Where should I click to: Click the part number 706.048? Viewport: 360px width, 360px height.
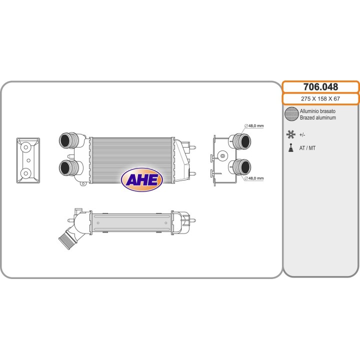click(320, 87)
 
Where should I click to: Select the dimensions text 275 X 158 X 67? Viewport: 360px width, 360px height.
click(320, 98)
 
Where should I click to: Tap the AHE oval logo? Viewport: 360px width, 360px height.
click(142, 179)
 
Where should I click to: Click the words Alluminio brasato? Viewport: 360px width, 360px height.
click(317, 111)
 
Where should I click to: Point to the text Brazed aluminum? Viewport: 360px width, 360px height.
click(318, 117)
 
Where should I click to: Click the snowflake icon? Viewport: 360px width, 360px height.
click(290, 134)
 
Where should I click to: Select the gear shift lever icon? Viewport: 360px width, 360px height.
click(291, 148)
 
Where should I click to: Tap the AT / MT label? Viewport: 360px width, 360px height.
click(307, 148)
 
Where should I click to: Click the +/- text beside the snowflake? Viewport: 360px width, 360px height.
click(302, 135)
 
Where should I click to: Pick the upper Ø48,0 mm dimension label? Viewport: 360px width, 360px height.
click(254, 126)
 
